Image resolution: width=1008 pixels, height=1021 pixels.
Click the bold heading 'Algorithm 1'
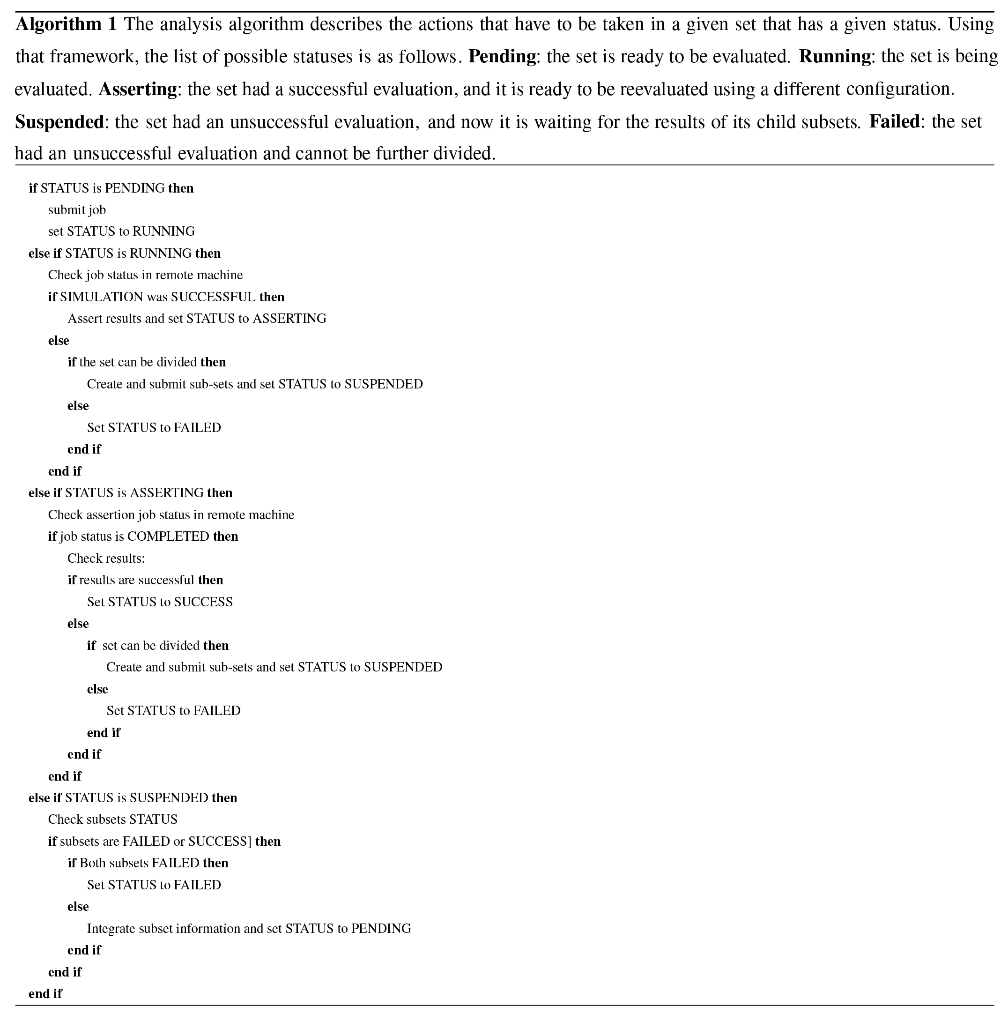(x=66, y=24)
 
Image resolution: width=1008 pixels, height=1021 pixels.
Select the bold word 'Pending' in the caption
(x=502, y=57)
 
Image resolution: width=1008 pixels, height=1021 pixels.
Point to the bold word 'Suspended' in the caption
(x=59, y=122)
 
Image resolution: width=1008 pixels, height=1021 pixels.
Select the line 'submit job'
(x=77, y=210)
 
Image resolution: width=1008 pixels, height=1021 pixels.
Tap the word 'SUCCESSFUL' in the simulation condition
(x=214, y=297)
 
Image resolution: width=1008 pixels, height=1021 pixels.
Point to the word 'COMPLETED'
(x=168, y=537)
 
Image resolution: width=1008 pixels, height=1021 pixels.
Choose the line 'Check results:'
(x=106, y=559)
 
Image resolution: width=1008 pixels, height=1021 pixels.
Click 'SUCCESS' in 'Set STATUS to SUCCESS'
(x=203, y=602)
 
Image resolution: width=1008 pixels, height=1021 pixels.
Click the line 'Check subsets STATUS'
(x=112, y=820)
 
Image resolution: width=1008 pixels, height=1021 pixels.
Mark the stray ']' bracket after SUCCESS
(x=249, y=842)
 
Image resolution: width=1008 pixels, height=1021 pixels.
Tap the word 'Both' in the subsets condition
(x=91, y=864)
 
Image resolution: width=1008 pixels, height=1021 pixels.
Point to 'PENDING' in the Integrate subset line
(x=381, y=929)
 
